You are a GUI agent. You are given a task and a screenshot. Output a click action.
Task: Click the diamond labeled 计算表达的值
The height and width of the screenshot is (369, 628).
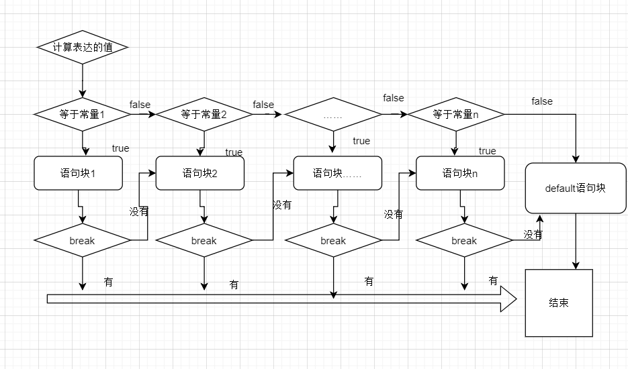(x=82, y=48)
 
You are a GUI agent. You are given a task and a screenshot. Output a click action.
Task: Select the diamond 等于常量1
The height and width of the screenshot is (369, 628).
(x=83, y=115)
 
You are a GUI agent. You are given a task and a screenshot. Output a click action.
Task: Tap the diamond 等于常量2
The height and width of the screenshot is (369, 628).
(x=204, y=115)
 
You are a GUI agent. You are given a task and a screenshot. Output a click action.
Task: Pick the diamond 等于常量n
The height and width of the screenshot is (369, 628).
(x=456, y=115)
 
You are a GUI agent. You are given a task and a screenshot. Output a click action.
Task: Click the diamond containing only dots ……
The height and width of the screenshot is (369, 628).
(x=333, y=115)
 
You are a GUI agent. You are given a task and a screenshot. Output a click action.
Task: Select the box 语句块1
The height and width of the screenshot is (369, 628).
(x=78, y=173)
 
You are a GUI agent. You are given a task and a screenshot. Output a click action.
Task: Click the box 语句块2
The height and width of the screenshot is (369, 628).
(x=200, y=173)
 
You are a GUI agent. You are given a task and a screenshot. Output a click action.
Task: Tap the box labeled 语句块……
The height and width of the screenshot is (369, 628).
(x=338, y=173)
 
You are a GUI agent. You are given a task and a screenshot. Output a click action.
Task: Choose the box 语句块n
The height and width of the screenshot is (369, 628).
(x=460, y=173)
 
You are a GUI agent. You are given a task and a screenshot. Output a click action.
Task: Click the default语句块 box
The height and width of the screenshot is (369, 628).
(x=576, y=189)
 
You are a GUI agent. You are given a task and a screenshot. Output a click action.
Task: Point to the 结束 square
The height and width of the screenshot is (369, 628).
(x=559, y=303)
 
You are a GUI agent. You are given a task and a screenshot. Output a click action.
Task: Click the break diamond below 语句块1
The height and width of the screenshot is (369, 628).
(x=83, y=240)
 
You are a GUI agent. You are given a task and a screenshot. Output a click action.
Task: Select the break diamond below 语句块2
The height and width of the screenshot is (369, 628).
(x=204, y=240)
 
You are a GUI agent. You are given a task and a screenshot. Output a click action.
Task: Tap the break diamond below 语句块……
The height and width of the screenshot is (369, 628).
(x=333, y=240)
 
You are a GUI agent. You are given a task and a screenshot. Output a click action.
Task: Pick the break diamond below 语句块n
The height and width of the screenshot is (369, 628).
(x=464, y=240)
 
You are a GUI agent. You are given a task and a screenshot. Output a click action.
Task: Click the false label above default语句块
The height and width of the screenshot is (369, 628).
(x=542, y=101)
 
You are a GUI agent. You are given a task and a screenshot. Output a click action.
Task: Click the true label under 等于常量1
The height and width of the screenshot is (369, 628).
(x=120, y=148)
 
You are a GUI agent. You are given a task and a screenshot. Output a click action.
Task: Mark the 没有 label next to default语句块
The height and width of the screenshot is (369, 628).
(x=533, y=235)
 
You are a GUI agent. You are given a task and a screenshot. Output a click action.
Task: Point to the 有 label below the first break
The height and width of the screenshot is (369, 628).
(x=108, y=282)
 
